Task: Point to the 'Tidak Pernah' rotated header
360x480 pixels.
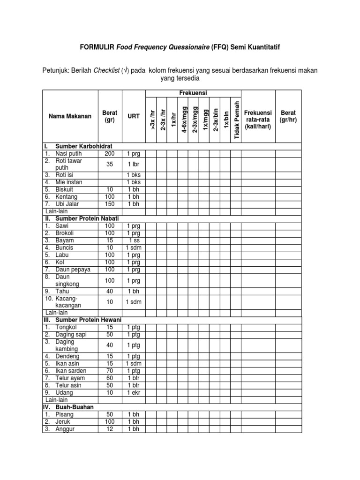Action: (236, 120)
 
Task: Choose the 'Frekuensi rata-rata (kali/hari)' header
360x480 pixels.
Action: (258, 120)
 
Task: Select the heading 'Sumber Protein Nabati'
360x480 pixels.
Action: (87, 218)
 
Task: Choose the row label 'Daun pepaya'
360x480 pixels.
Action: (73, 270)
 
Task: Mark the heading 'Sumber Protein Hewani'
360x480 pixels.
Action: (88, 320)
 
